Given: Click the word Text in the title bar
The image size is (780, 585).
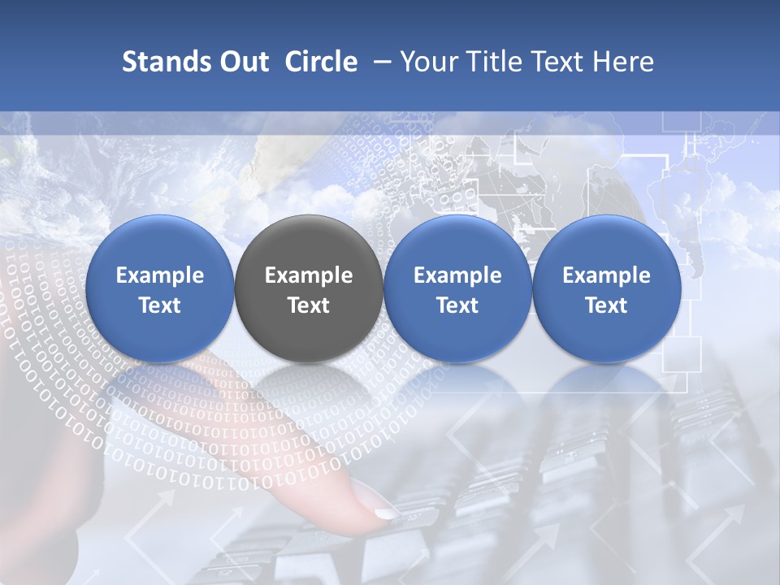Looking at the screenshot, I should pos(560,62).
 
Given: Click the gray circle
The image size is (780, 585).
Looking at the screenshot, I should pos(309,289).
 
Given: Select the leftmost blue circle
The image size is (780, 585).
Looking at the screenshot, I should pos(160,289).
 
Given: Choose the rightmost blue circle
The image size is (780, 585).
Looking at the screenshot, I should pos(606,289).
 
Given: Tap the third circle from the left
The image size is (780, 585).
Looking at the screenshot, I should pos(457,289).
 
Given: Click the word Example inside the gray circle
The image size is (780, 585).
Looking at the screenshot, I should pos(309,275).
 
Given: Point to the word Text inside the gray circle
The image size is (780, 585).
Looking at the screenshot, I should pos(309,305).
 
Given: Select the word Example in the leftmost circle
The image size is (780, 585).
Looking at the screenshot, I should pos(160,275).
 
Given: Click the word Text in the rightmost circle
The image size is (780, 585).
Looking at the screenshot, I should pos(606,305).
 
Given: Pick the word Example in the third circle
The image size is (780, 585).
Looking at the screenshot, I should pos(457,275).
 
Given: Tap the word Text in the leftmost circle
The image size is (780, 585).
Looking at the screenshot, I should pos(160,305).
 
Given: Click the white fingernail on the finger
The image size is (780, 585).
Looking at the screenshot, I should pos(386,513).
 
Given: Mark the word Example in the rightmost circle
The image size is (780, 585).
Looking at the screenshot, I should pos(606,275).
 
